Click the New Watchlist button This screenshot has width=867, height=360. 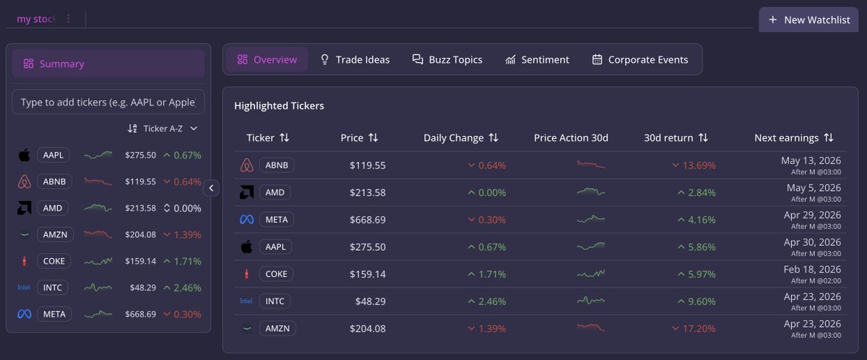click(x=808, y=20)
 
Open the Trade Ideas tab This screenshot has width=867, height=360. click(x=355, y=60)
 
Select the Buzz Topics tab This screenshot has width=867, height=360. click(x=447, y=60)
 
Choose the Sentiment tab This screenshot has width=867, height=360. click(x=537, y=60)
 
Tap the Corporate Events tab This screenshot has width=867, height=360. click(x=639, y=60)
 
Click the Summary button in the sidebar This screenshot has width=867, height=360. click(x=108, y=64)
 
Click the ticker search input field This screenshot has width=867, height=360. click(x=108, y=102)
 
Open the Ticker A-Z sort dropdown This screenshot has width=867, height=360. click(x=163, y=129)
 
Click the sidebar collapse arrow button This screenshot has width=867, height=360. click(x=211, y=188)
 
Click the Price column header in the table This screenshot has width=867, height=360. click(x=359, y=137)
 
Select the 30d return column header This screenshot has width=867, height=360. click(x=676, y=137)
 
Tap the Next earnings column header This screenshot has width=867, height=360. click(x=793, y=137)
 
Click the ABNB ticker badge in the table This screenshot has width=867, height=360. click(x=277, y=166)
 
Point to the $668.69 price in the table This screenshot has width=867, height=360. click(x=367, y=219)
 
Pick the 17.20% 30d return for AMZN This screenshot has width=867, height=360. click(x=694, y=328)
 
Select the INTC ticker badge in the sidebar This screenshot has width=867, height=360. click(x=53, y=288)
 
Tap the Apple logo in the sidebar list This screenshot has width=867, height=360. click(x=24, y=155)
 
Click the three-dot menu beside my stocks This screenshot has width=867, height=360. click(x=69, y=19)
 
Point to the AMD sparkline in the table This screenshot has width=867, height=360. click(x=590, y=192)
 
